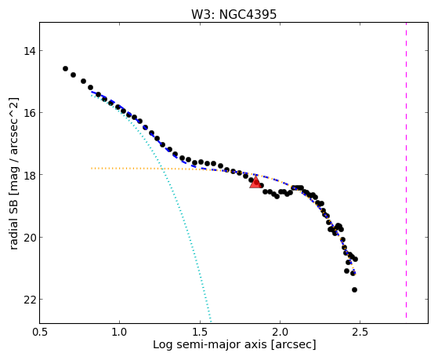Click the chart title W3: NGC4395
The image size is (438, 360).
click(233, 14)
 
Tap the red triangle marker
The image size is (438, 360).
click(255, 183)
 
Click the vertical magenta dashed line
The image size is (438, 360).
click(406, 170)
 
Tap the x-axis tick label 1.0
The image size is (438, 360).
click(120, 332)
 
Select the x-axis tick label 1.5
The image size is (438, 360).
click(200, 332)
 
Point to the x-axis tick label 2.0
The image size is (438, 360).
click(280, 332)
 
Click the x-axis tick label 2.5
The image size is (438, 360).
click(360, 332)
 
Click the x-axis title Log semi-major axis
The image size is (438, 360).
click(210, 344)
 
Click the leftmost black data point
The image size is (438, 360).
click(65, 68)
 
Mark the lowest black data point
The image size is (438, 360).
click(354, 289)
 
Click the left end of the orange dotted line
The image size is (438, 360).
click(92, 168)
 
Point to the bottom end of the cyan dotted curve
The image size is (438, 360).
click(211, 322)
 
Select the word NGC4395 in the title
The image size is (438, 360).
click(248, 14)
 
